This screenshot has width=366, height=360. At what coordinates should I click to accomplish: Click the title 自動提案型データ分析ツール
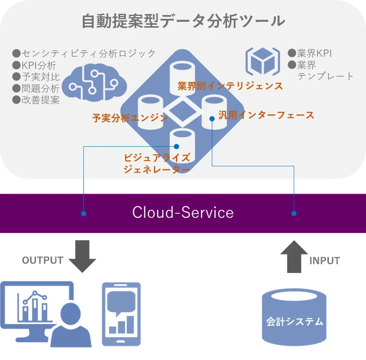click(x=183, y=21)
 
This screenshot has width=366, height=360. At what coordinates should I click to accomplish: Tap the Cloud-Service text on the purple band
click(x=183, y=212)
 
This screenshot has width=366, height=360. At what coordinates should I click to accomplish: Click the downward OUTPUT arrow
click(x=82, y=256)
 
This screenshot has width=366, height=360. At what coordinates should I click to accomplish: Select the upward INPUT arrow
click(x=294, y=256)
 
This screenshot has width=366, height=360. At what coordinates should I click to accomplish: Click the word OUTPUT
click(x=43, y=260)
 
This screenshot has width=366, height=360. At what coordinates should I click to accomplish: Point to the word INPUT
click(x=325, y=261)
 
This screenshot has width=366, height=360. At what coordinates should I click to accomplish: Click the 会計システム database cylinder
click(x=294, y=317)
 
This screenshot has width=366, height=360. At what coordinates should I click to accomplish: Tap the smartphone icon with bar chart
click(x=122, y=314)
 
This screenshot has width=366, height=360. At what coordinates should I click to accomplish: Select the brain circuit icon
click(x=95, y=83)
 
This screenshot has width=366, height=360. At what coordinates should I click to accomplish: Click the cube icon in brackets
click(x=263, y=61)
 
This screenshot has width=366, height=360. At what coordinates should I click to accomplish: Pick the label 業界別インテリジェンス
click(x=230, y=86)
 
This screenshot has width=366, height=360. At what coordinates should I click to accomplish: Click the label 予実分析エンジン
click(x=130, y=118)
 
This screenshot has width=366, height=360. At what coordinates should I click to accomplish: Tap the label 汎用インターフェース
click(x=266, y=115)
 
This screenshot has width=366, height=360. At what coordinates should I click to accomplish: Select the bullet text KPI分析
click(x=39, y=66)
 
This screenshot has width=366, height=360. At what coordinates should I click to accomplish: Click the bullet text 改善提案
click(x=41, y=100)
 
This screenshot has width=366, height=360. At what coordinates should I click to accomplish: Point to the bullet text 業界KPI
click(x=314, y=53)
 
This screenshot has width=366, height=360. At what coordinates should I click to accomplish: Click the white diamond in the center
click(x=183, y=111)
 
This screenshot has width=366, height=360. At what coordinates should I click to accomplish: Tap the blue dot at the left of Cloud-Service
click(x=84, y=213)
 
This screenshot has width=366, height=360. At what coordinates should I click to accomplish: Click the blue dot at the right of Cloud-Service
click(x=294, y=213)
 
